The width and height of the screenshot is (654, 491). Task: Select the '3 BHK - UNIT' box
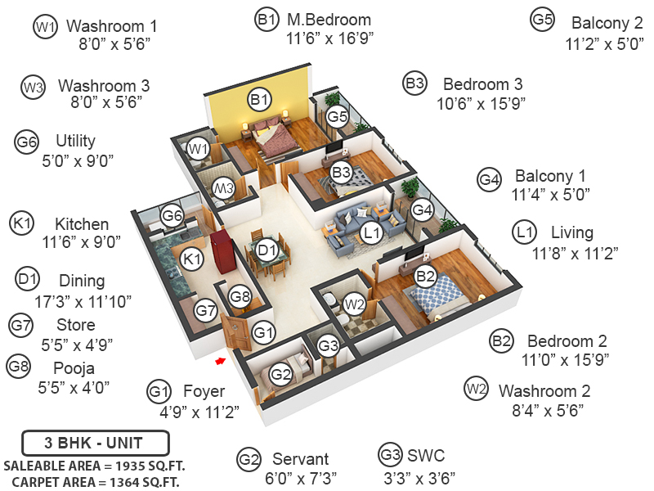pos(95,444)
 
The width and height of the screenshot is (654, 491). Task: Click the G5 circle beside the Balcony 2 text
pos(543,20)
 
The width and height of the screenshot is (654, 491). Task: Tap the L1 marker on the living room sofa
pos(372,232)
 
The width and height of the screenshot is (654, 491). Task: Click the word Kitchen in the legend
pos(82,224)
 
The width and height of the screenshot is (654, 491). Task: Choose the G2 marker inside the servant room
pos(281,375)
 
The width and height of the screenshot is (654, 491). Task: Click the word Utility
pos(75,141)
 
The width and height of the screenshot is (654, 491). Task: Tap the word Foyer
pos(204,391)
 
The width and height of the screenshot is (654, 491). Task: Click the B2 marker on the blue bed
pos(426,277)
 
